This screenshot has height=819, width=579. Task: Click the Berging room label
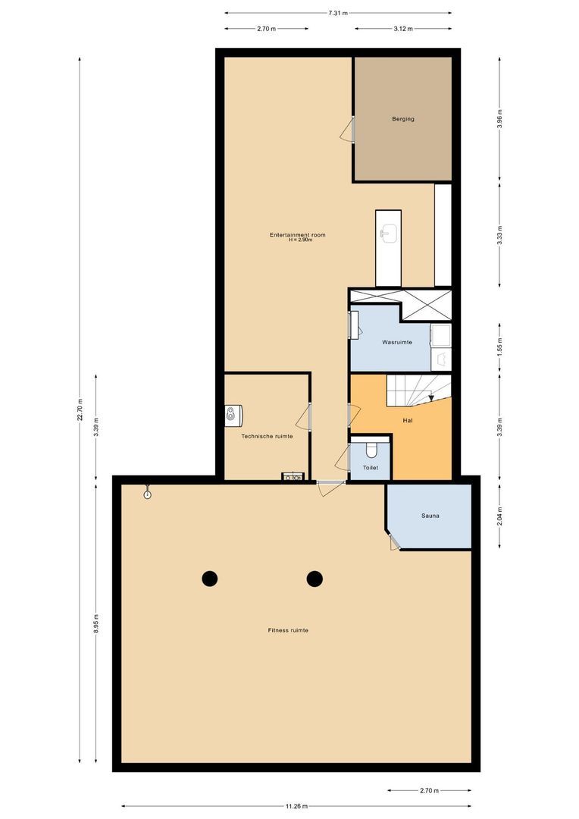402,119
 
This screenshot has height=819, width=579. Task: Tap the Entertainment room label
297,235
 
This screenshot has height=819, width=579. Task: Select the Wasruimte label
397,343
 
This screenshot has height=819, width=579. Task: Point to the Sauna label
430,516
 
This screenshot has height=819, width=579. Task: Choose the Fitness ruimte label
287,630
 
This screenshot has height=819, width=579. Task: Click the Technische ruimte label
267,436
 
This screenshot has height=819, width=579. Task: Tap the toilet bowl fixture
371,451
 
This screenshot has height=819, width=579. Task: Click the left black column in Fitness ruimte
210,579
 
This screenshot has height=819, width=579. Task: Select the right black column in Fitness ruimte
315,579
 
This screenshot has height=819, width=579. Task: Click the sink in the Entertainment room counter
389,234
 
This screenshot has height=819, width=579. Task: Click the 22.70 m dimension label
80,413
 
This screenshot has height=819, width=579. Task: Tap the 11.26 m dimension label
296,806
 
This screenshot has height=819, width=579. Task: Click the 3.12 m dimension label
402,29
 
